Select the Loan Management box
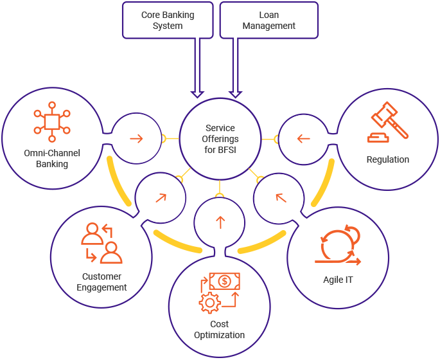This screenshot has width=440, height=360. (269, 20)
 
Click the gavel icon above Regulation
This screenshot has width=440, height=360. (388, 126)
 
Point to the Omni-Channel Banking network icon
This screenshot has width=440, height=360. (51, 123)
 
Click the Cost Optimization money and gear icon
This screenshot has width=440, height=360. (219, 292)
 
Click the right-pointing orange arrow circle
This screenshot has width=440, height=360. (136, 138)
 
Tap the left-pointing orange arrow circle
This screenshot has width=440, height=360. (304, 138)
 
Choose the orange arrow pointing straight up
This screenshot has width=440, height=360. (220, 222)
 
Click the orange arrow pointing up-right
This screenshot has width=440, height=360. (160, 197)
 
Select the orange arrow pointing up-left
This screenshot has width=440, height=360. (281, 197)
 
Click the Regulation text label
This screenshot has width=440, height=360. (388, 159)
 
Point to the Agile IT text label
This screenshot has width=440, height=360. (338, 280)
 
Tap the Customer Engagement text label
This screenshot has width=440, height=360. (101, 282)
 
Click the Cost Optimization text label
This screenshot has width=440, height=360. (219, 329)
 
